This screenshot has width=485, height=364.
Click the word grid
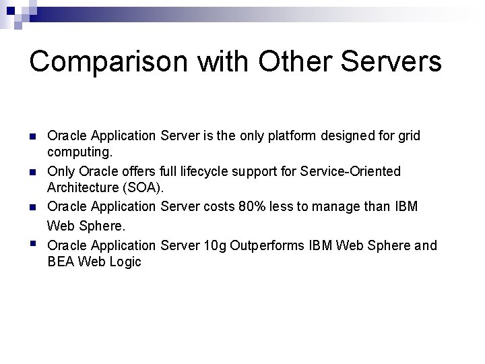click(x=409, y=136)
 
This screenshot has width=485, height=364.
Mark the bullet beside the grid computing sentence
click(x=33, y=137)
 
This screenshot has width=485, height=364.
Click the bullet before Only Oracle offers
click(x=33, y=173)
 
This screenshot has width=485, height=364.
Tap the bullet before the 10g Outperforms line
click(x=33, y=244)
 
